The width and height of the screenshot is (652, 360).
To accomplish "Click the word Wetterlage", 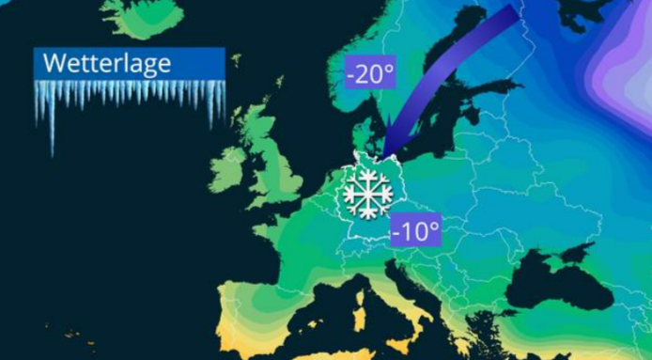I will click(107, 64).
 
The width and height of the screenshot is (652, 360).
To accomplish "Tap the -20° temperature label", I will click(370, 74).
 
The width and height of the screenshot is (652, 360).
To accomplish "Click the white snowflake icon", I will click(367, 194).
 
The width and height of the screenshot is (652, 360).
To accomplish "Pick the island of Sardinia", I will click(357, 310).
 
